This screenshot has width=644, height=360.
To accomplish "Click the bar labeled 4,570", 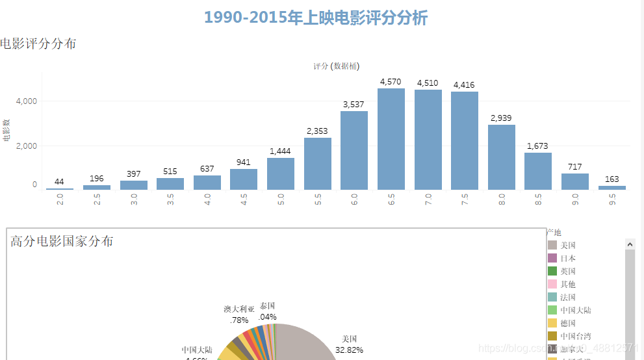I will pos(391,139).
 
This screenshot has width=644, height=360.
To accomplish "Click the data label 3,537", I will pos(354,104).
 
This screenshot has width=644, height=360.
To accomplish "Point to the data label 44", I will pos(59,181).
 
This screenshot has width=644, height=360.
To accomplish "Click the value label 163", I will pos(612,179).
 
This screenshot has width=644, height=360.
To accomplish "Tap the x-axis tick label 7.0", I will pos(428,200).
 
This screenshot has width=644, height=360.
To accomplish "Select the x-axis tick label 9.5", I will pos(612,200).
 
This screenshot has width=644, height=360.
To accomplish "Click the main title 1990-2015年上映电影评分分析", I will pos(316,18).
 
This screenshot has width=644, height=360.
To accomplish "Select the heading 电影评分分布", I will pos(38,44).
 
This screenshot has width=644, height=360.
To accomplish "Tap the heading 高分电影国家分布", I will pos(62,241).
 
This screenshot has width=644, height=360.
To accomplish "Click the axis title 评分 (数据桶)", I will pos(336,66).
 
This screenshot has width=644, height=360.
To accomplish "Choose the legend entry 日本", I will pos(568,258).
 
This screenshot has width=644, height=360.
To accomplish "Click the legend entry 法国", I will pos(568,297).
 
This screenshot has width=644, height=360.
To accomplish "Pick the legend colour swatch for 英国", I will pos(552,271).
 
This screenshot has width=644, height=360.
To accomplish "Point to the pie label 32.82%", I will pos(349,350).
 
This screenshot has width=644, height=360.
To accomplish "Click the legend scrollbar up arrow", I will pos(630,244).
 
